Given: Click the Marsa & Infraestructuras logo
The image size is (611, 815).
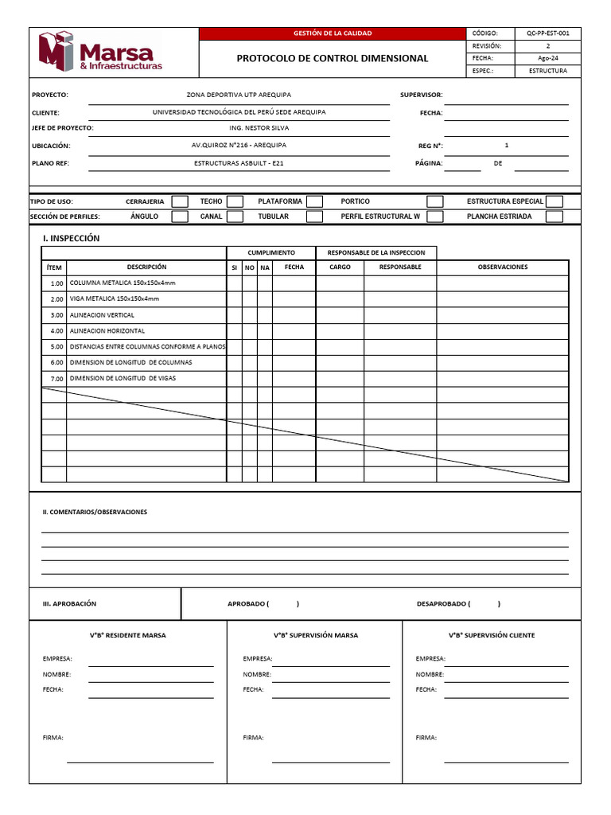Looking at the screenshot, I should point(100,52).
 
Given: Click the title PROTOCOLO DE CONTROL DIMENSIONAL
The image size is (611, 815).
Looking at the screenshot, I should point(332,58).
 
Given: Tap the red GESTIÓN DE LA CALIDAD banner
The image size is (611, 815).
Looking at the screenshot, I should point(332,33).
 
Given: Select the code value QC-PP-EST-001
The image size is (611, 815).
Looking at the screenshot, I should point(547,33).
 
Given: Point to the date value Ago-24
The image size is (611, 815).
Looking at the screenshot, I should point(547,58).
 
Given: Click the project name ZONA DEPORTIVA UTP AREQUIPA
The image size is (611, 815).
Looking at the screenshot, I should point(239,95).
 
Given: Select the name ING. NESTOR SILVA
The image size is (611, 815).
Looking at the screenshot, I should point(239,128).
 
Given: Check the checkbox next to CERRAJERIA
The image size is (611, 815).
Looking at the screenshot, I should point(181,201).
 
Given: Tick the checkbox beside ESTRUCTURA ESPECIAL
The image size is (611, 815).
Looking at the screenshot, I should point(555,201).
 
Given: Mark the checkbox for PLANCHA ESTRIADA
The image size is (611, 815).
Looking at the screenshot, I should point(555,216).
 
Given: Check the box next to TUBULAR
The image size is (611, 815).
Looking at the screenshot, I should point(315,216).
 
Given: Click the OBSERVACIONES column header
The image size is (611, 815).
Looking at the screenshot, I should point(502,267).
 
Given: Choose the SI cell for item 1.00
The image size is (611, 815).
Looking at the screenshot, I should point(234,283).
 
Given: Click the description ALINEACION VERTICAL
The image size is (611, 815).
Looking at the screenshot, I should point(102,315).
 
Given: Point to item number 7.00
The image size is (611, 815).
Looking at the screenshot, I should point(56,379).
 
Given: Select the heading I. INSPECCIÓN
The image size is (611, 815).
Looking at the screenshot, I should point(71,238).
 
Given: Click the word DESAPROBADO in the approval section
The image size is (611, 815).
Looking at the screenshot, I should point(442,604).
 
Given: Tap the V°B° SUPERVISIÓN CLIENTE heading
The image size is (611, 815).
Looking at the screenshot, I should point(491,635).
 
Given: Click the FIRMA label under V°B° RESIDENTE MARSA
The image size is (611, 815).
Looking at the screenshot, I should point(53,738).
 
